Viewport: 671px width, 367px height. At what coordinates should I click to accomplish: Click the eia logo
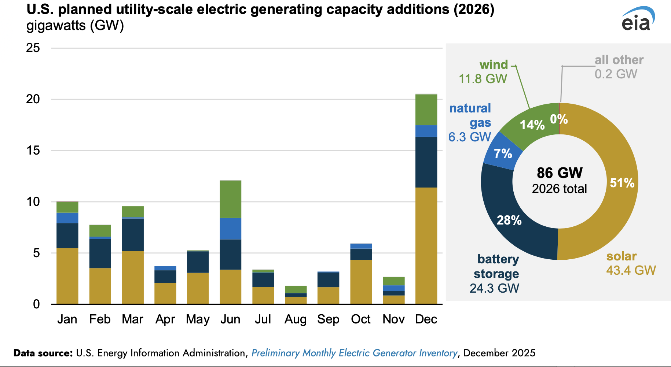click(x=637, y=20)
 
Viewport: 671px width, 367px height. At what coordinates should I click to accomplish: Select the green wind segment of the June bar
click(x=230, y=199)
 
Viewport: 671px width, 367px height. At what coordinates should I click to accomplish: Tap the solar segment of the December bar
click(x=426, y=245)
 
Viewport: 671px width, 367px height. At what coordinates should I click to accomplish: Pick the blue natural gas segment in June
click(x=230, y=229)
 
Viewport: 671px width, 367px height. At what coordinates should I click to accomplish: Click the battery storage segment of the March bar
click(x=133, y=234)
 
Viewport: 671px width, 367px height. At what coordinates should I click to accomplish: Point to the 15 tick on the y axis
click(x=33, y=151)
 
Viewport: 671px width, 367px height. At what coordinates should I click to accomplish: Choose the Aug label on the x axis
click(x=296, y=319)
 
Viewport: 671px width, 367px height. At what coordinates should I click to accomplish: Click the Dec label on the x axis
click(x=426, y=319)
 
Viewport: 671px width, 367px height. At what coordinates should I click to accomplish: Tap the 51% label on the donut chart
click(x=622, y=183)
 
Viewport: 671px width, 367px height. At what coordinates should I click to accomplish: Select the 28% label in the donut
click(x=509, y=220)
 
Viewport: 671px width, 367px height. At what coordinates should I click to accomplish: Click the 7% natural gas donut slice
click(x=503, y=153)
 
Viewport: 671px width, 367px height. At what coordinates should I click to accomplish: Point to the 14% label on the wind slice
click(x=532, y=125)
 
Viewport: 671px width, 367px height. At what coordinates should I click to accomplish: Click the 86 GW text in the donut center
click(x=560, y=173)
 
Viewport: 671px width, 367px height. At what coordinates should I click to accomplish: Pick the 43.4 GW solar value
click(x=631, y=270)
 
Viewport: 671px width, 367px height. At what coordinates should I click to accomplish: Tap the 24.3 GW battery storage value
click(x=494, y=288)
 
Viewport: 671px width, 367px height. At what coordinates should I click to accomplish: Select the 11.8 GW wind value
click(x=483, y=79)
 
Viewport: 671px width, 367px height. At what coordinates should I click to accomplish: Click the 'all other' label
click(x=619, y=60)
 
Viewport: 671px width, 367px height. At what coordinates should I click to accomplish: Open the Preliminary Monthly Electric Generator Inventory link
click(x=354, y=353)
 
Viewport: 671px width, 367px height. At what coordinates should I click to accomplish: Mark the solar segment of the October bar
click(x=361, y=282)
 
